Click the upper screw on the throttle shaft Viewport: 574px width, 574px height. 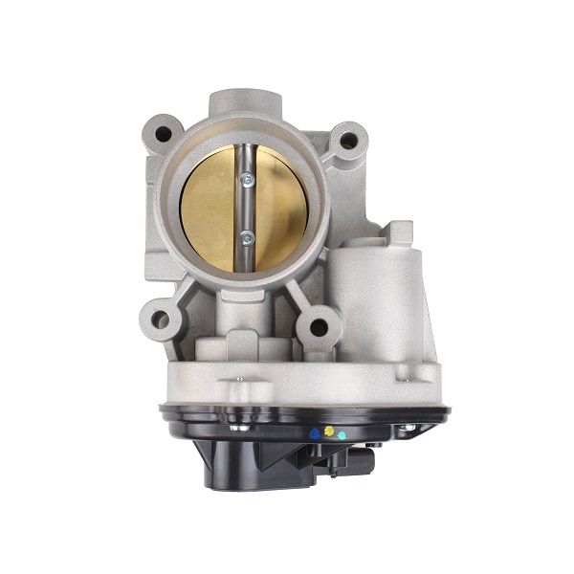click(x=248, y=179)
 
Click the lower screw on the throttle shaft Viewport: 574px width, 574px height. click(x=247, y=238)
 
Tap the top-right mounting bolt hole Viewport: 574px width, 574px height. click(x=349, y=140)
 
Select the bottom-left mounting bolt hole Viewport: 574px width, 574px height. click(x=160, y=320)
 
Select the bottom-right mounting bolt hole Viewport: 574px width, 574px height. click(x=320, y=328)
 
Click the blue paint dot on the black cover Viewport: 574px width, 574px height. click(x=314, y=433)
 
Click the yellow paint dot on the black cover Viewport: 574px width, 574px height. click(x=329, y=431)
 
